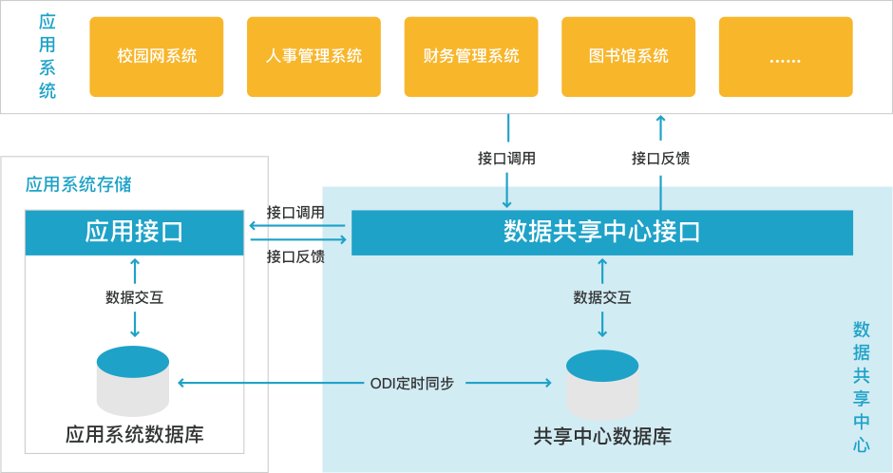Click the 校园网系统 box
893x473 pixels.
point(157,56)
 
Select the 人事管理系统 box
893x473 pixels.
point(313,56)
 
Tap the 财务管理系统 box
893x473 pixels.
point(471,56)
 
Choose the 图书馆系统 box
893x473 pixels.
point(629,56)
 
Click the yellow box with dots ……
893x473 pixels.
point(785,56)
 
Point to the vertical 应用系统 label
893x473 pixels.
point(47,56)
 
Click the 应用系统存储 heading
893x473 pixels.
point(78,185)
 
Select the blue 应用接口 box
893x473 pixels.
point(134,232)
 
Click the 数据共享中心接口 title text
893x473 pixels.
point(601,232)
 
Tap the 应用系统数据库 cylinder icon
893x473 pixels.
point(133,381)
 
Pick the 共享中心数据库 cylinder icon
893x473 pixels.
point(602,387)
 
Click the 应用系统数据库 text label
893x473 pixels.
point(134,435)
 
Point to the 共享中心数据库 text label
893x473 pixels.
point(602,437)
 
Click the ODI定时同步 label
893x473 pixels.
point(411,384)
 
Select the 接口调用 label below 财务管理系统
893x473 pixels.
point(506,159)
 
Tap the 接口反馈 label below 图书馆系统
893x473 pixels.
point(660,159)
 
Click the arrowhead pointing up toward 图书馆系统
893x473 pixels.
point(660,121)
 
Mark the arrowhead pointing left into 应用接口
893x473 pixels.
point(253,225)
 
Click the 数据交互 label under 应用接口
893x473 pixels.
point(134,297)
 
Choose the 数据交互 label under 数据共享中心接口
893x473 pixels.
point(602,297)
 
